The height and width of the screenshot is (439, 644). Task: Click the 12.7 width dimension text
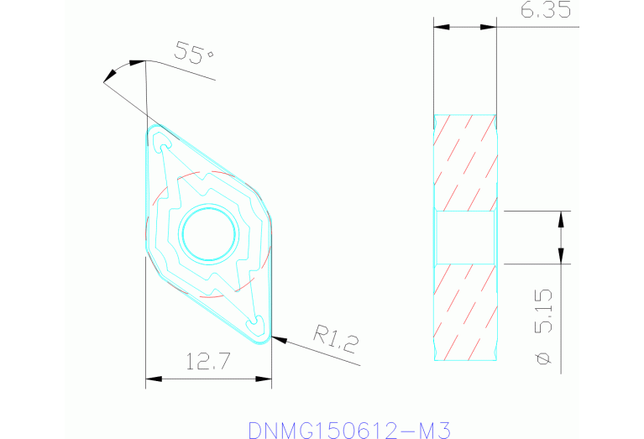[x=209, y=363]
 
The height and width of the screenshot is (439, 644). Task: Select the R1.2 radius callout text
[x=336, y=339]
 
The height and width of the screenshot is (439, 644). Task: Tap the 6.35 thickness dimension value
[x=547, y=11]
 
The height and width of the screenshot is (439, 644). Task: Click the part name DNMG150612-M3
[x=349, y=430]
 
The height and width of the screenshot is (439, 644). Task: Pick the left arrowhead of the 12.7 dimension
[x=151, y=378]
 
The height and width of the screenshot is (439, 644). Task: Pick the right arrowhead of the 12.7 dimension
[x=266, y=378]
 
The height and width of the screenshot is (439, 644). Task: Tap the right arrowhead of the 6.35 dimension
[x=491, y=27]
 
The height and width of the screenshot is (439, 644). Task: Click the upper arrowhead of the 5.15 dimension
[x=560, y=217]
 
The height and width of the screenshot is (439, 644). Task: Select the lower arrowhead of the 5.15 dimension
[x=560, y=258]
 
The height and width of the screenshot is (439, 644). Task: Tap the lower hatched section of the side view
[x=464, y=311]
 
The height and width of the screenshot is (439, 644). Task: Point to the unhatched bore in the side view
[x=464, y=237]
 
